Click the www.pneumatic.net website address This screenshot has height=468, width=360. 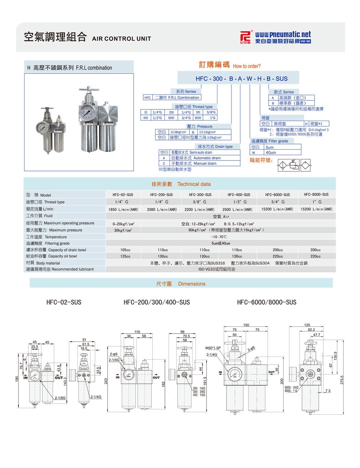tap(283, 35)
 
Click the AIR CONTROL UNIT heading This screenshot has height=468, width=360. tap(122, 39)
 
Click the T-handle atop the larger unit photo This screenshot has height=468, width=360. tap(87, 89)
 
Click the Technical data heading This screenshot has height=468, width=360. tap(194, 184)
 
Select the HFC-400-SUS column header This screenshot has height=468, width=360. tap(239, 195)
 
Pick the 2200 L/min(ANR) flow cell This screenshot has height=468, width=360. tap(199, 209)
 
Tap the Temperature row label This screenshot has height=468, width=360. tap(55, 237)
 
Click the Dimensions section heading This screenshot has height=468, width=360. tap(192, 284)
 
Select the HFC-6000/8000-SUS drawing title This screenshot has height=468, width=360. tap(266, 302)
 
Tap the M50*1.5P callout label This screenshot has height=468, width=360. tap(213, 348)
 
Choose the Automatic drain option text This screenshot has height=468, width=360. tap(207, 158)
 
